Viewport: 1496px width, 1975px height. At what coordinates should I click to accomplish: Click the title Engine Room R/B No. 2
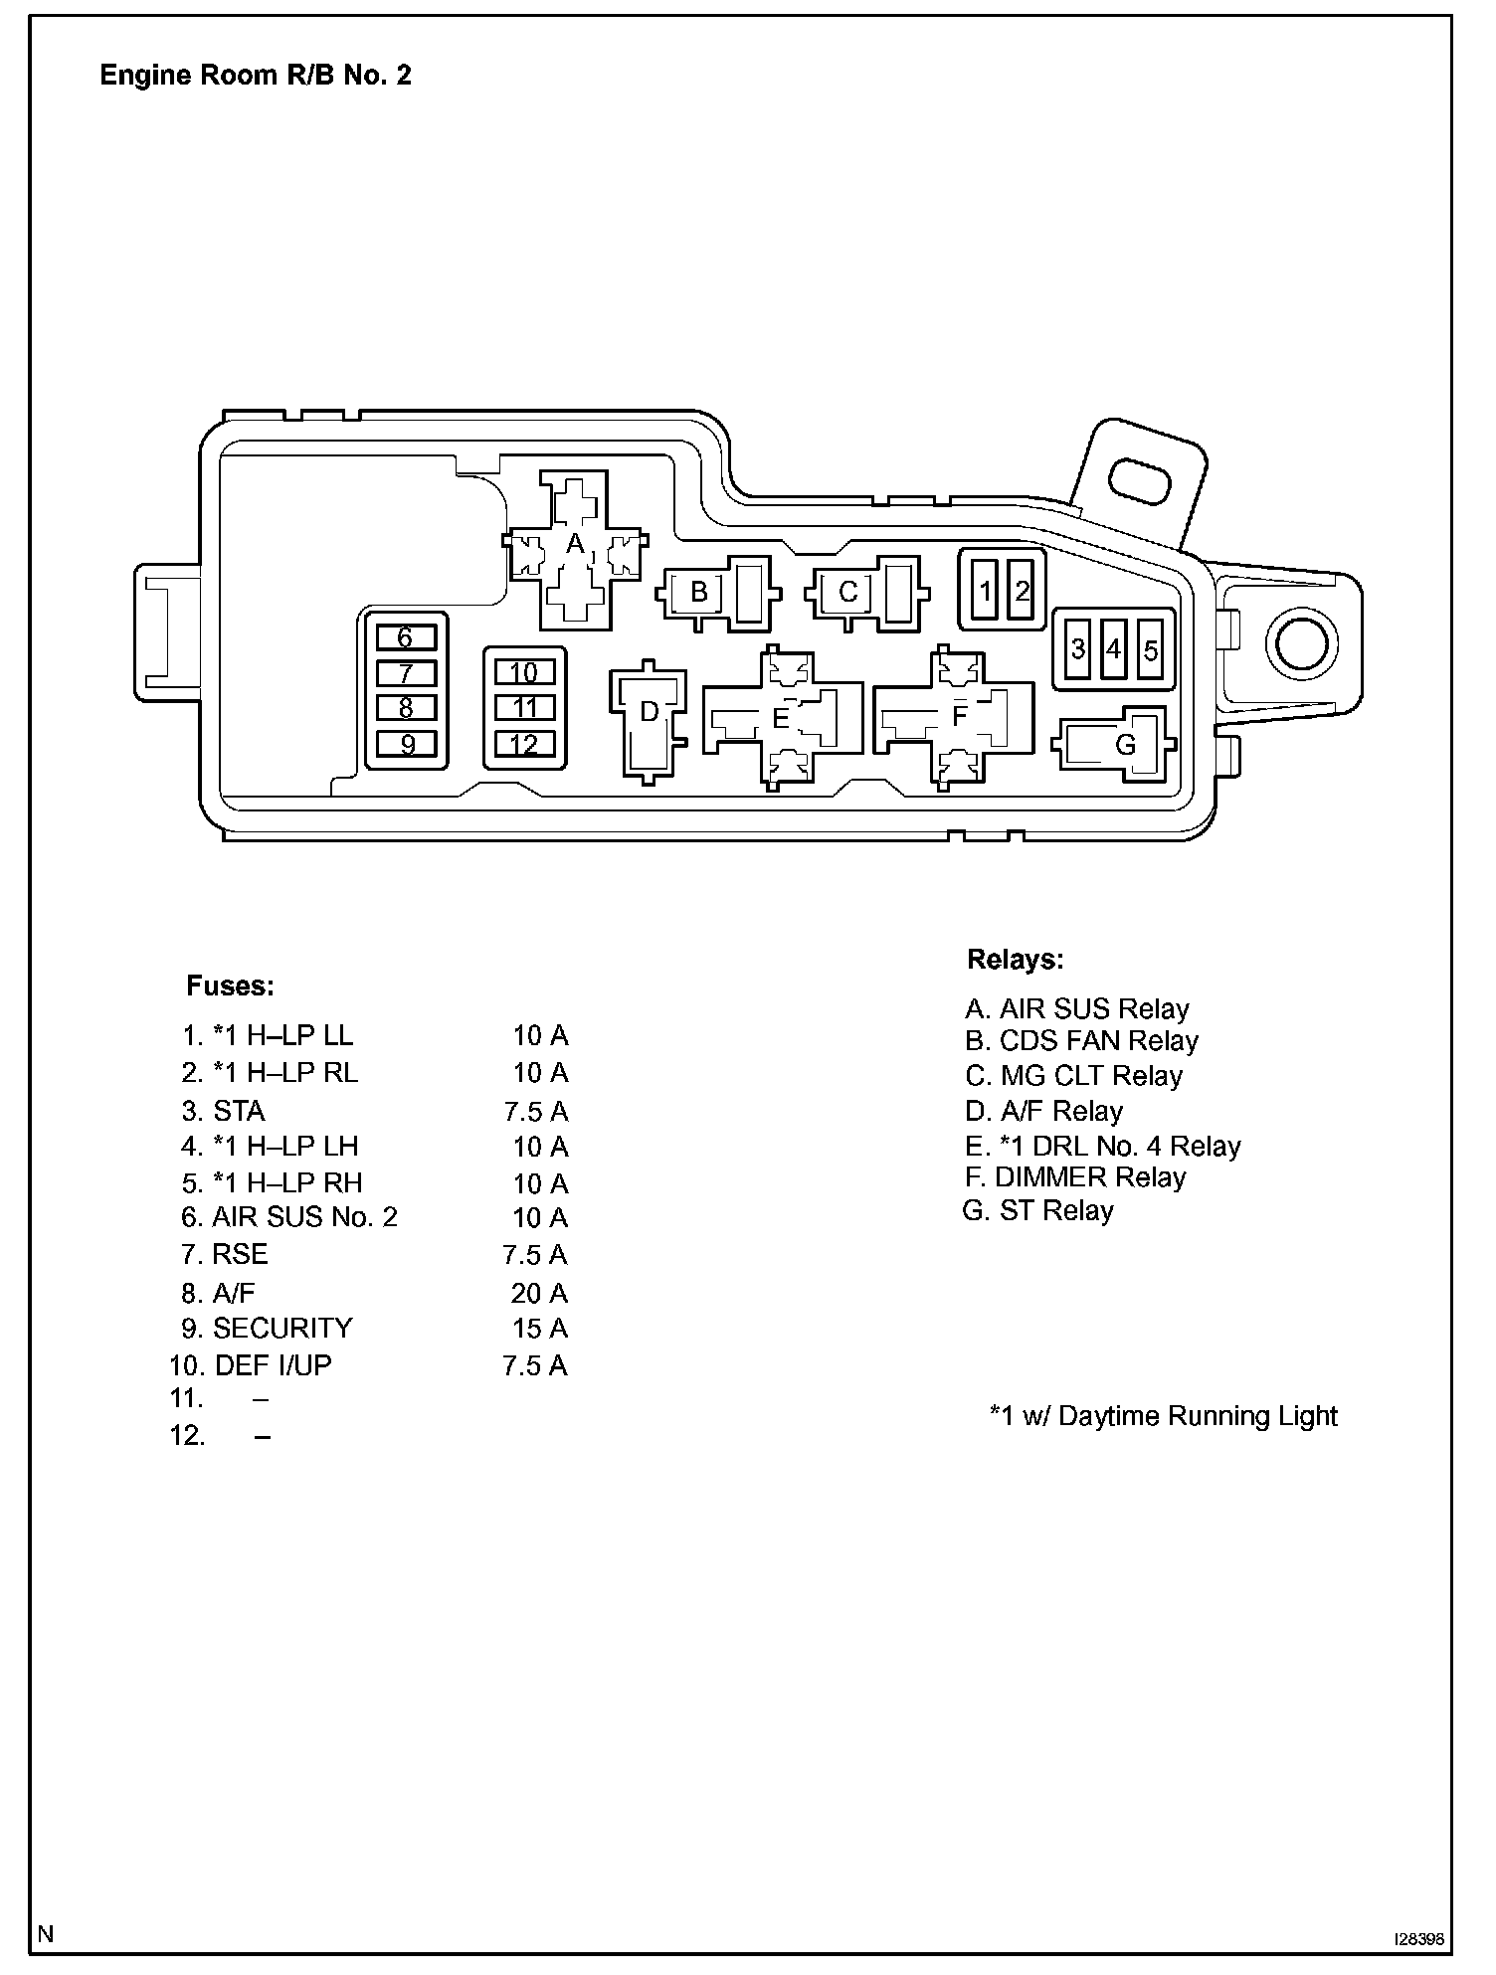[256, 76]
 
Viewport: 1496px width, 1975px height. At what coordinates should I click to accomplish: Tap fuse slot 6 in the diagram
[406, 637]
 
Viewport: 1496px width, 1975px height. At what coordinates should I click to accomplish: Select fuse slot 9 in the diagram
[406, 744]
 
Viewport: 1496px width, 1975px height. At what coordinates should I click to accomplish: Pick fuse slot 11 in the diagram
[524, 708]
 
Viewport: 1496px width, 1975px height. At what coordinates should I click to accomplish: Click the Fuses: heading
[230, 987]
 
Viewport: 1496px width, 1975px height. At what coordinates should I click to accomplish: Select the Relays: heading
[1015, 960]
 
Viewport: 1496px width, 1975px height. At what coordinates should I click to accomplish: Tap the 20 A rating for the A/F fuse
[539, 1293]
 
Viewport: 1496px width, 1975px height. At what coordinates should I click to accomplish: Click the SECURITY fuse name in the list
[282, 1329]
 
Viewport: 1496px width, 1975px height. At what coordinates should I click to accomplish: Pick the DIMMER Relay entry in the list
[1075, 1177]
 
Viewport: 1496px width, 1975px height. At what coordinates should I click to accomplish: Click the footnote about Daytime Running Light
[1163, 1416]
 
